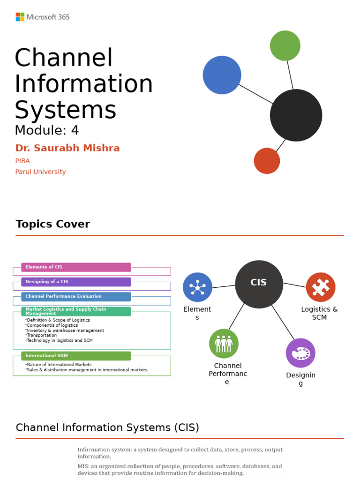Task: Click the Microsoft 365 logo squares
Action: click(20, 17)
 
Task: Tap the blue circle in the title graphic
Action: click(222, 75)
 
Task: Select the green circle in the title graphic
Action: click(285, 45)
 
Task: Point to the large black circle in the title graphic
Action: click(296, 115)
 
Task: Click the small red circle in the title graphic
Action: click(267, 161)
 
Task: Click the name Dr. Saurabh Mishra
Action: click(67, 148)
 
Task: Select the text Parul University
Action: click(40, 172)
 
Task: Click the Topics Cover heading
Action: click(52, 224)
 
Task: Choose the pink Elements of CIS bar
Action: click(76, 267)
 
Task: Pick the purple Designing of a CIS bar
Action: click(76, 282)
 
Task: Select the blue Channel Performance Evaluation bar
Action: click(76, 297)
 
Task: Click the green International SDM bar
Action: click(76, 356)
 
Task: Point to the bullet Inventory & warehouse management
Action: click(65, 330)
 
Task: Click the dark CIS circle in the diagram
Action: click(259, 284)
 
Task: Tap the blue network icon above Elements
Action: click(197, 287)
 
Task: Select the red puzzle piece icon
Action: click(321, 287)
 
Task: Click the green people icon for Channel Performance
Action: click(224, 344)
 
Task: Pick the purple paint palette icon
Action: click(300, 353)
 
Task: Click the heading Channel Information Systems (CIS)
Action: click(107, 427)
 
